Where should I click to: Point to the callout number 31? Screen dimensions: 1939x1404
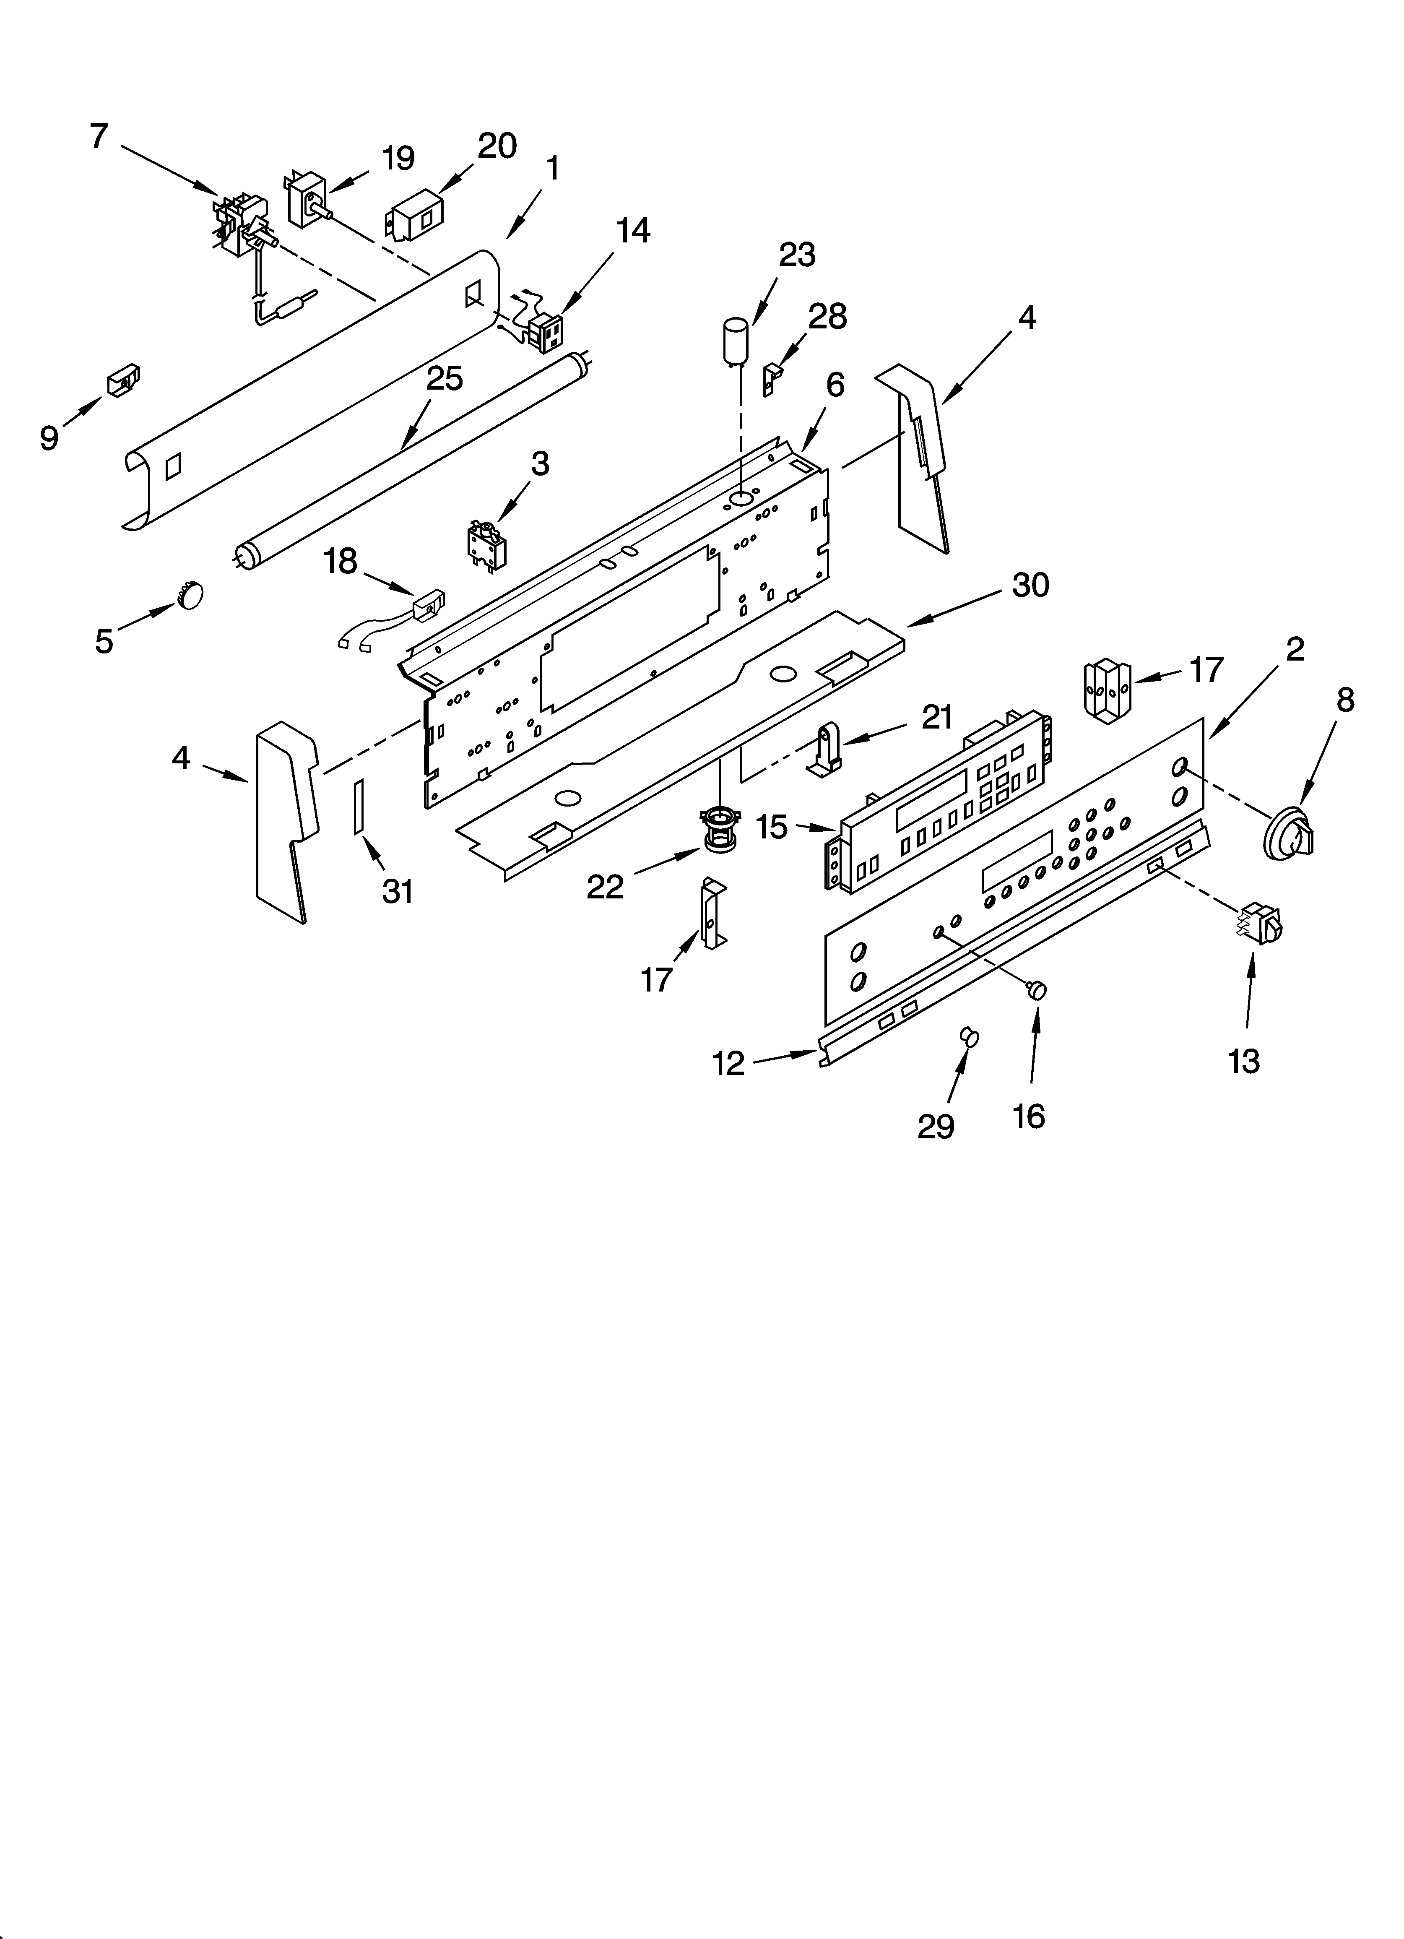click(x=398, y=892)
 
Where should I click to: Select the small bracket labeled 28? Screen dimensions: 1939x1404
click(x=772, y=377)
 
